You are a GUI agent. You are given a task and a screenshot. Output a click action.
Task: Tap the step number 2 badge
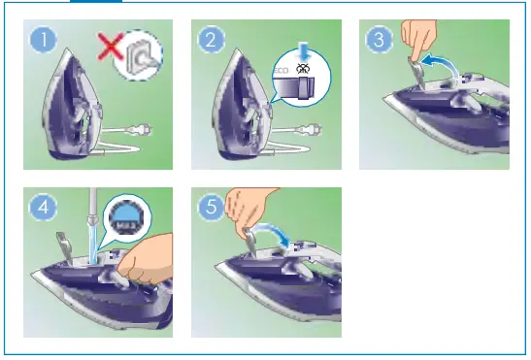pos(211,41)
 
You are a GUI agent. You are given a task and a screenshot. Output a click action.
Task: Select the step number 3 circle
pos(379,41)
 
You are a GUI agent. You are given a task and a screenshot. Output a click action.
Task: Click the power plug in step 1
pos(142,130)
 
